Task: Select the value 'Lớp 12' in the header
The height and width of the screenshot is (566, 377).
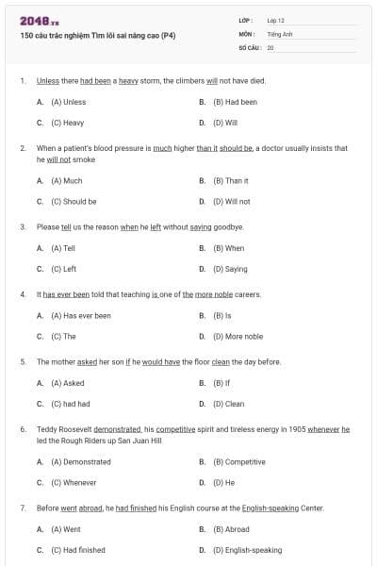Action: point(276,20)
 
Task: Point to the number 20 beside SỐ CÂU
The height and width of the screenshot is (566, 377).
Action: point(270,46)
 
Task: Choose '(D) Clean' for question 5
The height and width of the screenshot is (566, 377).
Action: point(228,404)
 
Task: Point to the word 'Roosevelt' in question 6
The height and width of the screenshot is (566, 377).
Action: point(76,428)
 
